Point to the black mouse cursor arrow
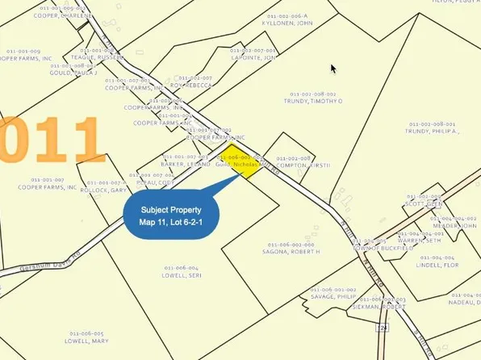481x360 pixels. coord(333,69)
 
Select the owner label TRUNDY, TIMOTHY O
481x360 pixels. coord(316,101)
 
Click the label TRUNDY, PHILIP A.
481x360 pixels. coord(432,131)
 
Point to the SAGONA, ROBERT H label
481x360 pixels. coord(289,252)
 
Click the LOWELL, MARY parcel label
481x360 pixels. coord(87,341)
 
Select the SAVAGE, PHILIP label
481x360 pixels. coord(333,296)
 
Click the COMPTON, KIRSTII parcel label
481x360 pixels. coord(292,166)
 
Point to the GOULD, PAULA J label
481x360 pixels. coord(73,73)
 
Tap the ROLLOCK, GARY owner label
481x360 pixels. coord(106,190)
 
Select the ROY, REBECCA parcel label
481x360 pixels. coord(192,85)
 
